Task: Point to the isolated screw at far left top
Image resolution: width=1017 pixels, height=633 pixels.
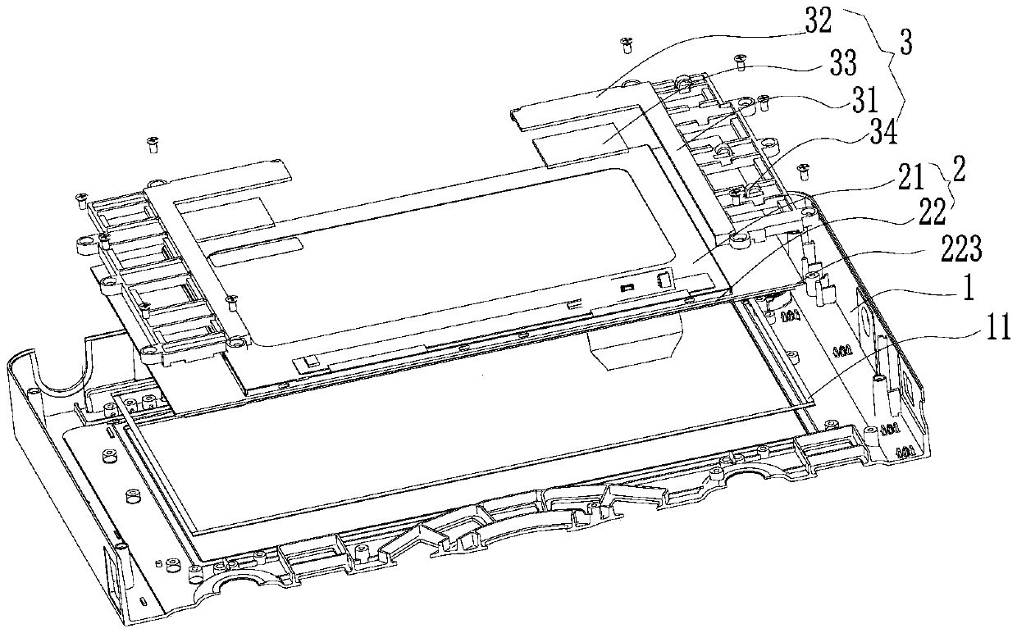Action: click(152, 144)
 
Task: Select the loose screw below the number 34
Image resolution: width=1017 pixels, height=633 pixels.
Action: click(803, 171)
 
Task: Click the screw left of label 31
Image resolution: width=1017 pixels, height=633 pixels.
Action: click(764, 101)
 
